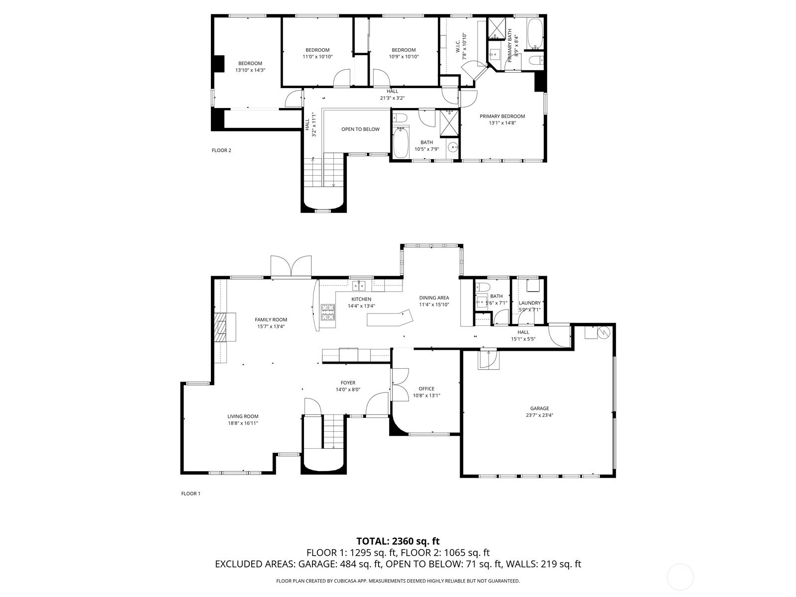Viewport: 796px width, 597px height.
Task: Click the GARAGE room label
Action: [x=539, y=408]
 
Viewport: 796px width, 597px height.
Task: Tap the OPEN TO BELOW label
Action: [x=360, y=129]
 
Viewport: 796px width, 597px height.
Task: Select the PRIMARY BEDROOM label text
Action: [x=502, y=116]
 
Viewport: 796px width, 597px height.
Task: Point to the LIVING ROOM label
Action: [x=243, y=416]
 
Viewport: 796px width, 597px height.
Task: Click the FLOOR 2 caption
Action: [x=221, y=150]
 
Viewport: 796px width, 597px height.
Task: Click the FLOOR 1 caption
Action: [x=191, y=494]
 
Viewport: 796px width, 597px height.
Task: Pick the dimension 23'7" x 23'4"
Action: [x=539, y=415]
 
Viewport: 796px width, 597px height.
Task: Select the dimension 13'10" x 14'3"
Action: [x=250, y=70]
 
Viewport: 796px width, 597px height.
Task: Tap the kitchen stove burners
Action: [x=327, y=313]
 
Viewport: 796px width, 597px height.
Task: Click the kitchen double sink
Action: [x=359, y=286]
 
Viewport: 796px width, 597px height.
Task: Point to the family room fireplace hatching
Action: [x=219, y=327]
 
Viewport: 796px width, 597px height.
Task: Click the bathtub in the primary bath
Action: [x=535, y=34]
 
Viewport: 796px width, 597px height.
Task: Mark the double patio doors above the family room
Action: [x=291, y=267]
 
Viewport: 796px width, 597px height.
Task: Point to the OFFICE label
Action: [x=426, y=389]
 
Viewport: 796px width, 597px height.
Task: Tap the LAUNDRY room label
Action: [x=529, y=303]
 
